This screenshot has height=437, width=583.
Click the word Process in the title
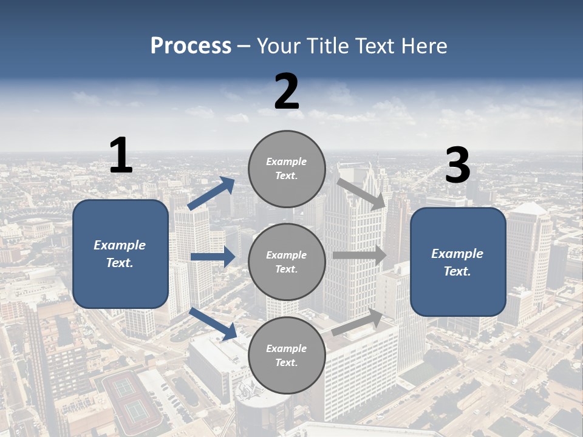coord(191,46)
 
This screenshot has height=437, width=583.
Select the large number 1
coord(121,156)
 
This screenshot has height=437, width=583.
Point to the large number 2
coord(287,92)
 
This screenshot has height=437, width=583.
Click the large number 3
coord(457,166)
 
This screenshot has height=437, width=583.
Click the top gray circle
coord(287,169)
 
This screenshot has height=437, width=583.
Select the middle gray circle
coord(287,262)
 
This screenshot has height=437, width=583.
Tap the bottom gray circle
coord(287,355)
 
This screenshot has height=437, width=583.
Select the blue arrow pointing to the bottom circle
coord(213,324)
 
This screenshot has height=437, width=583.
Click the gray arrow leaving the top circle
coord(361,194)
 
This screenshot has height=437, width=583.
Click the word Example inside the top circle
coord(287,161)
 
